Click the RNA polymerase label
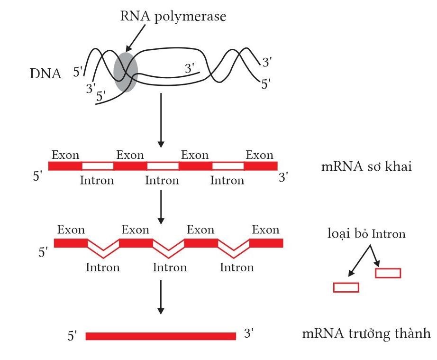tap(173, 16)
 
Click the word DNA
tap(45, 74)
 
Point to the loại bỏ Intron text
tap(366, 233)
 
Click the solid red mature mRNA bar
tap(161, 336)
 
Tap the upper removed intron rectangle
tap(388, 273)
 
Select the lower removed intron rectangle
tap(346, 287)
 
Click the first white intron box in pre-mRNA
tap(98, 166)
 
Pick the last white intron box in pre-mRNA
tap(228, 166)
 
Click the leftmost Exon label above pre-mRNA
tap(65, 155)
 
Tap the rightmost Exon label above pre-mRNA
tap(259, 155)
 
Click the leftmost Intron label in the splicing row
tap(102, 268)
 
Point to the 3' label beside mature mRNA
tap(249, 334)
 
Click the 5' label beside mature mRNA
tap(72, 336)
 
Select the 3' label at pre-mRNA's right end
tap(283, 177)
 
